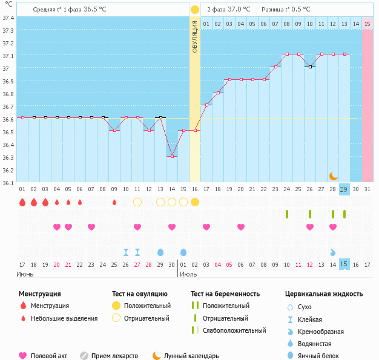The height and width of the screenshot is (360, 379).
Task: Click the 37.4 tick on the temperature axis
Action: coord(8,18)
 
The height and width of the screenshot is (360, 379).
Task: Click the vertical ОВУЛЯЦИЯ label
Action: coord(195,36)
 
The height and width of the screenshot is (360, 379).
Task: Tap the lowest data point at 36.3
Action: coord(172,156)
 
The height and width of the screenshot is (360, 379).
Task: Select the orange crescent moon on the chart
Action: coord(334,175)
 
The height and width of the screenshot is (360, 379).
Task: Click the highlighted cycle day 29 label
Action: coord(344,189)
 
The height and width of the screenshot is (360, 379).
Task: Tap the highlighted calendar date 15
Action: coord(344,264)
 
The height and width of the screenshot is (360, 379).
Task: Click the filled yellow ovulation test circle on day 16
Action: coord(195,201)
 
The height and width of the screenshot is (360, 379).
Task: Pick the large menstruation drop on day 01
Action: coord(22,201)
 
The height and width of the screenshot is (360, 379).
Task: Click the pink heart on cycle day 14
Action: coord(172,227)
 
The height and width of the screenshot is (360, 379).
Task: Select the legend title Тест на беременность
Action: coord(225,294)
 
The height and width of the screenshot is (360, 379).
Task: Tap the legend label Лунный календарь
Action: coord(191,356)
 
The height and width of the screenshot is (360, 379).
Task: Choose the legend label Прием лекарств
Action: coord(114,356)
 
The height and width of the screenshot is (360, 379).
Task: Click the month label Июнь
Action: coord(25,274)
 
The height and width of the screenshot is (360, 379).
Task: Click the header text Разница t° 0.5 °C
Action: coord(286,10)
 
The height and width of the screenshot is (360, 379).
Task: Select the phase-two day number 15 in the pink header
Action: coord(367,24)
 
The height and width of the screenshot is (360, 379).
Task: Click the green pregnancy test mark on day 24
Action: coord(287,214)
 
